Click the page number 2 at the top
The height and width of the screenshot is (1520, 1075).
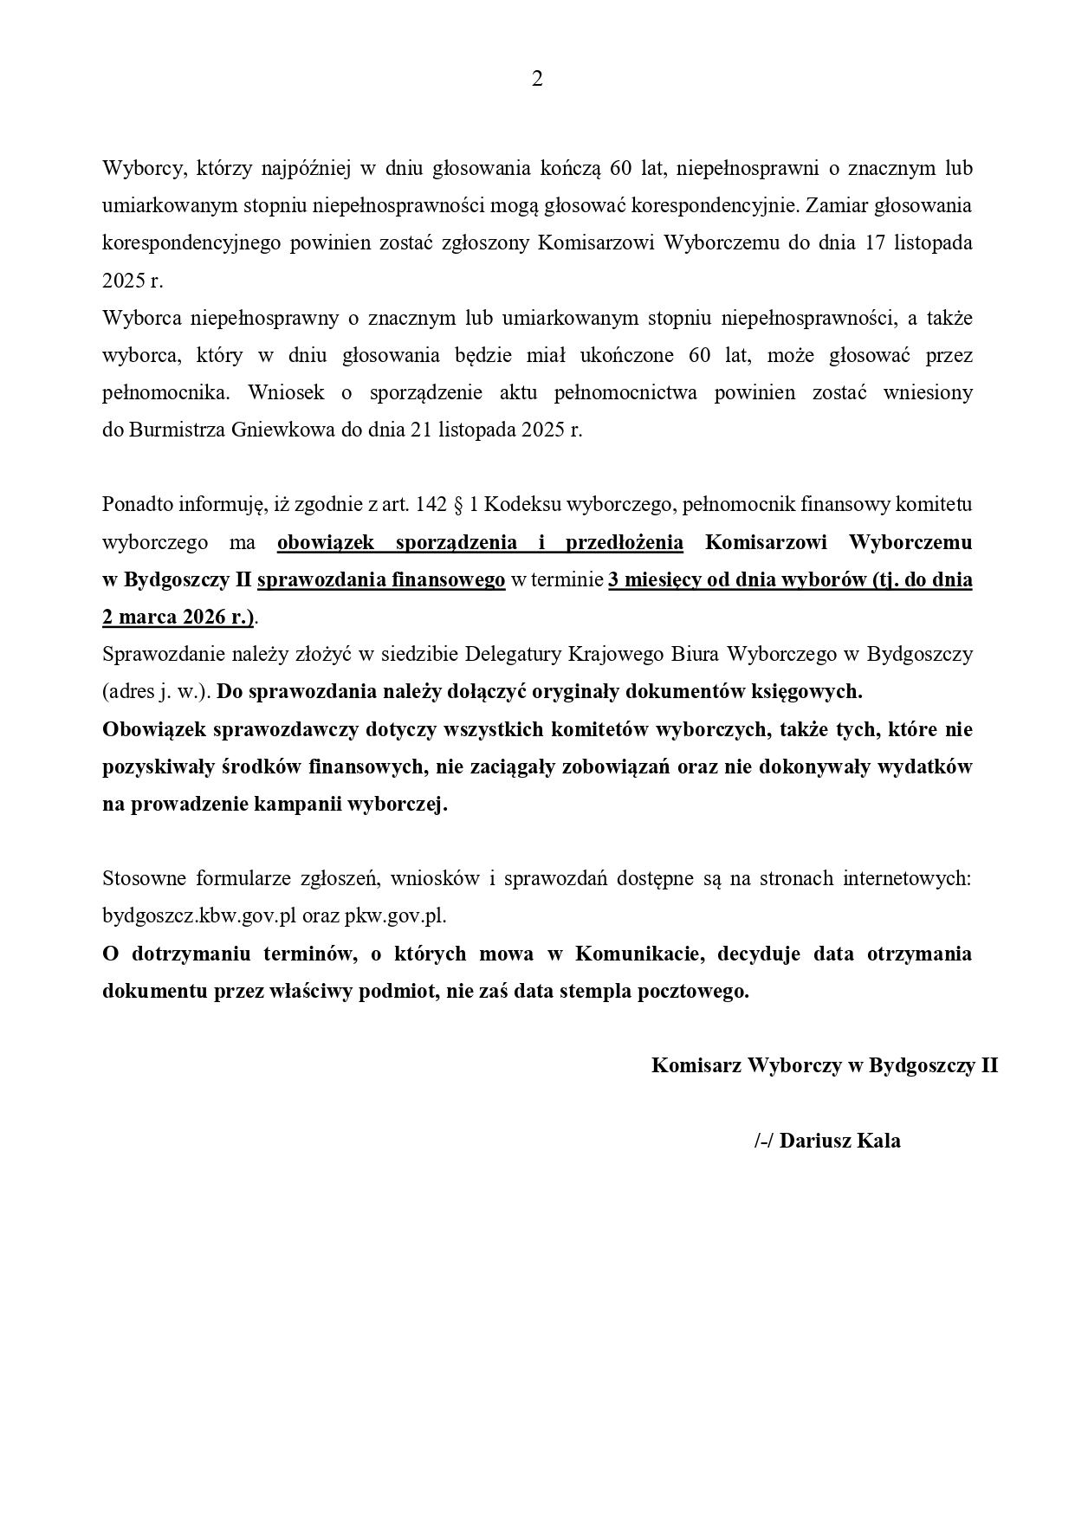tap(537, 80)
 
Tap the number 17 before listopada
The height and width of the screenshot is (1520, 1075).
tap(876, 243)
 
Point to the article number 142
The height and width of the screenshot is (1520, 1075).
tap(431, 504)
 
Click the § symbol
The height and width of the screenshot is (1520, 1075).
tap(457, 504)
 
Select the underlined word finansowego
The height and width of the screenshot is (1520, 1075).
tap(449, 580)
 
